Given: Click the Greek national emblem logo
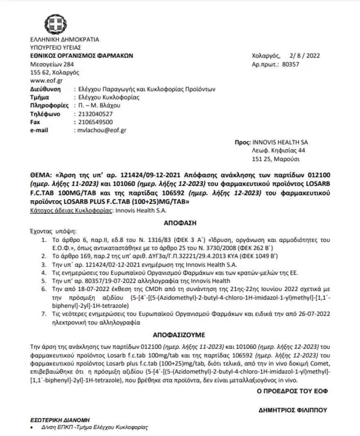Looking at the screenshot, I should coord(54,23).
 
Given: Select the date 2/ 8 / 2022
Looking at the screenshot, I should coord(304,56).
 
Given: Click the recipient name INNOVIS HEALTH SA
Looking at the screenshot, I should coord(281,142).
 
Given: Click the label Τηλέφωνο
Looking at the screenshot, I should coord(45,114).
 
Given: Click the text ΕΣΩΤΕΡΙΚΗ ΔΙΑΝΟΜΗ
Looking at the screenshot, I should coord(60,420).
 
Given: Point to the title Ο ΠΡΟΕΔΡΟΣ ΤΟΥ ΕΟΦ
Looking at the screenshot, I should coord(289,391).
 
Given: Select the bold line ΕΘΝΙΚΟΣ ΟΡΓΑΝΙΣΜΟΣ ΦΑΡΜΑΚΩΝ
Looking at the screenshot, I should coord(82,56).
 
